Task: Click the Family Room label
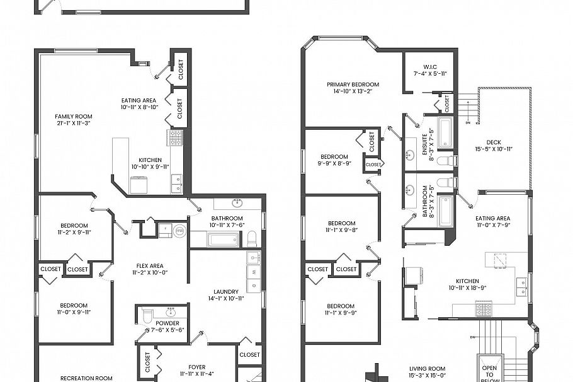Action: [x=73, y=116]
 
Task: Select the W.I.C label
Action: [x=430, y=66]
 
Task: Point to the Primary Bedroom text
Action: [x=353, y=84]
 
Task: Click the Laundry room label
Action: [x=226, y=291]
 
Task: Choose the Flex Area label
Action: [x=148, y=265]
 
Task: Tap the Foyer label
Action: [x=197, y=367]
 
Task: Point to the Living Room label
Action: [x=428, y=369]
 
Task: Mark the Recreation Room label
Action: [x=86, y=378]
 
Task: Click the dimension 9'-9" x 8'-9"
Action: [x=334, y=163]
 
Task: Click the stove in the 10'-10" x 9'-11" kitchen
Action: [x=175, y=137]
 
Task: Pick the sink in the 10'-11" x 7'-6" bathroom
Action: [x=237, y=203]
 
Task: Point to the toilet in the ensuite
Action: [x=445, y=161]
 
